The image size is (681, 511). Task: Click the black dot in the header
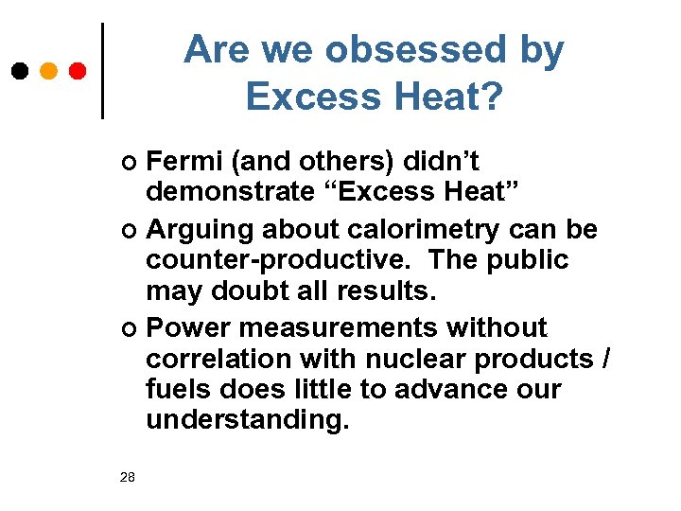click(x=19, y=71)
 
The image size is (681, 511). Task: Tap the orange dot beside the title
click(x=48, y=71)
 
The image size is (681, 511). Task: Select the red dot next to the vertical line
click(x=78, y=71)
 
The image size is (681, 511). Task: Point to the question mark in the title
click(x=491, y=95)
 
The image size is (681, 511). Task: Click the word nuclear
click(x=416, y=360)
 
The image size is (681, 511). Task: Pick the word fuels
click(x=178, y=390)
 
